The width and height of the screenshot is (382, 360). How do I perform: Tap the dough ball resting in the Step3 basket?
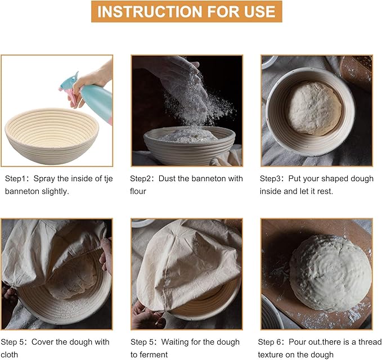(x=315, y=109)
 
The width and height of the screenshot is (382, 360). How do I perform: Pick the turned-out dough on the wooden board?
(x=331, y=273)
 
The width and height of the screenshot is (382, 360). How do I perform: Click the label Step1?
(x=15, y=178)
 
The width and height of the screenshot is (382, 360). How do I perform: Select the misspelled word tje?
(x=109, y=179)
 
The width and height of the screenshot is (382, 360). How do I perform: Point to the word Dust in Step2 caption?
(x=167, y=178)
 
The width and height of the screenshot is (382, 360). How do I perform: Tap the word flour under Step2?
(x=138, y=191)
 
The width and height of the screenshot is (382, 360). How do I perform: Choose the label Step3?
(x=270, y=178)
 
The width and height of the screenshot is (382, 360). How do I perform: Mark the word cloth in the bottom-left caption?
(x=9, y=354)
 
